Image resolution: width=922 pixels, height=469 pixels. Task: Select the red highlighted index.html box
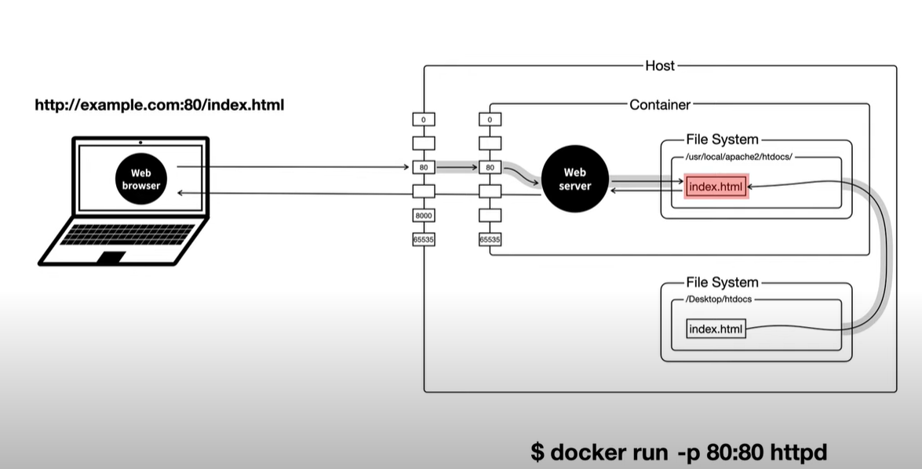click(716, 187)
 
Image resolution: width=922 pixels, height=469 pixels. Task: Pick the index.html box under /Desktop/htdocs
click(716, 329)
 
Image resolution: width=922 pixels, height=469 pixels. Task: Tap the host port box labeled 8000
click(424, 216)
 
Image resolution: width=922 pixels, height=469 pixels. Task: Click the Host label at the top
click(659, 66)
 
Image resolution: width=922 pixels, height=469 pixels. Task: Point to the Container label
click(660, 104)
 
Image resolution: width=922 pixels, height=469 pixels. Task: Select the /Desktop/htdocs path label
click(719, 300)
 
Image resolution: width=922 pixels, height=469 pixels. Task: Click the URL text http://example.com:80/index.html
click(159, 104)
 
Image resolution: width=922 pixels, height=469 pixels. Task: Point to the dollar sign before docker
click(538, 453)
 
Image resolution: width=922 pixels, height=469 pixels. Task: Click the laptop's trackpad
click(111, 256)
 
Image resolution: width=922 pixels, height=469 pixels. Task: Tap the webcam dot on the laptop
click(140, 142)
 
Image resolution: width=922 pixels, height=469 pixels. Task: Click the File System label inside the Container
click(722, 140)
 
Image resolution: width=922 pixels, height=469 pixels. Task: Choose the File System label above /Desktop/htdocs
click(722, 282)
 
